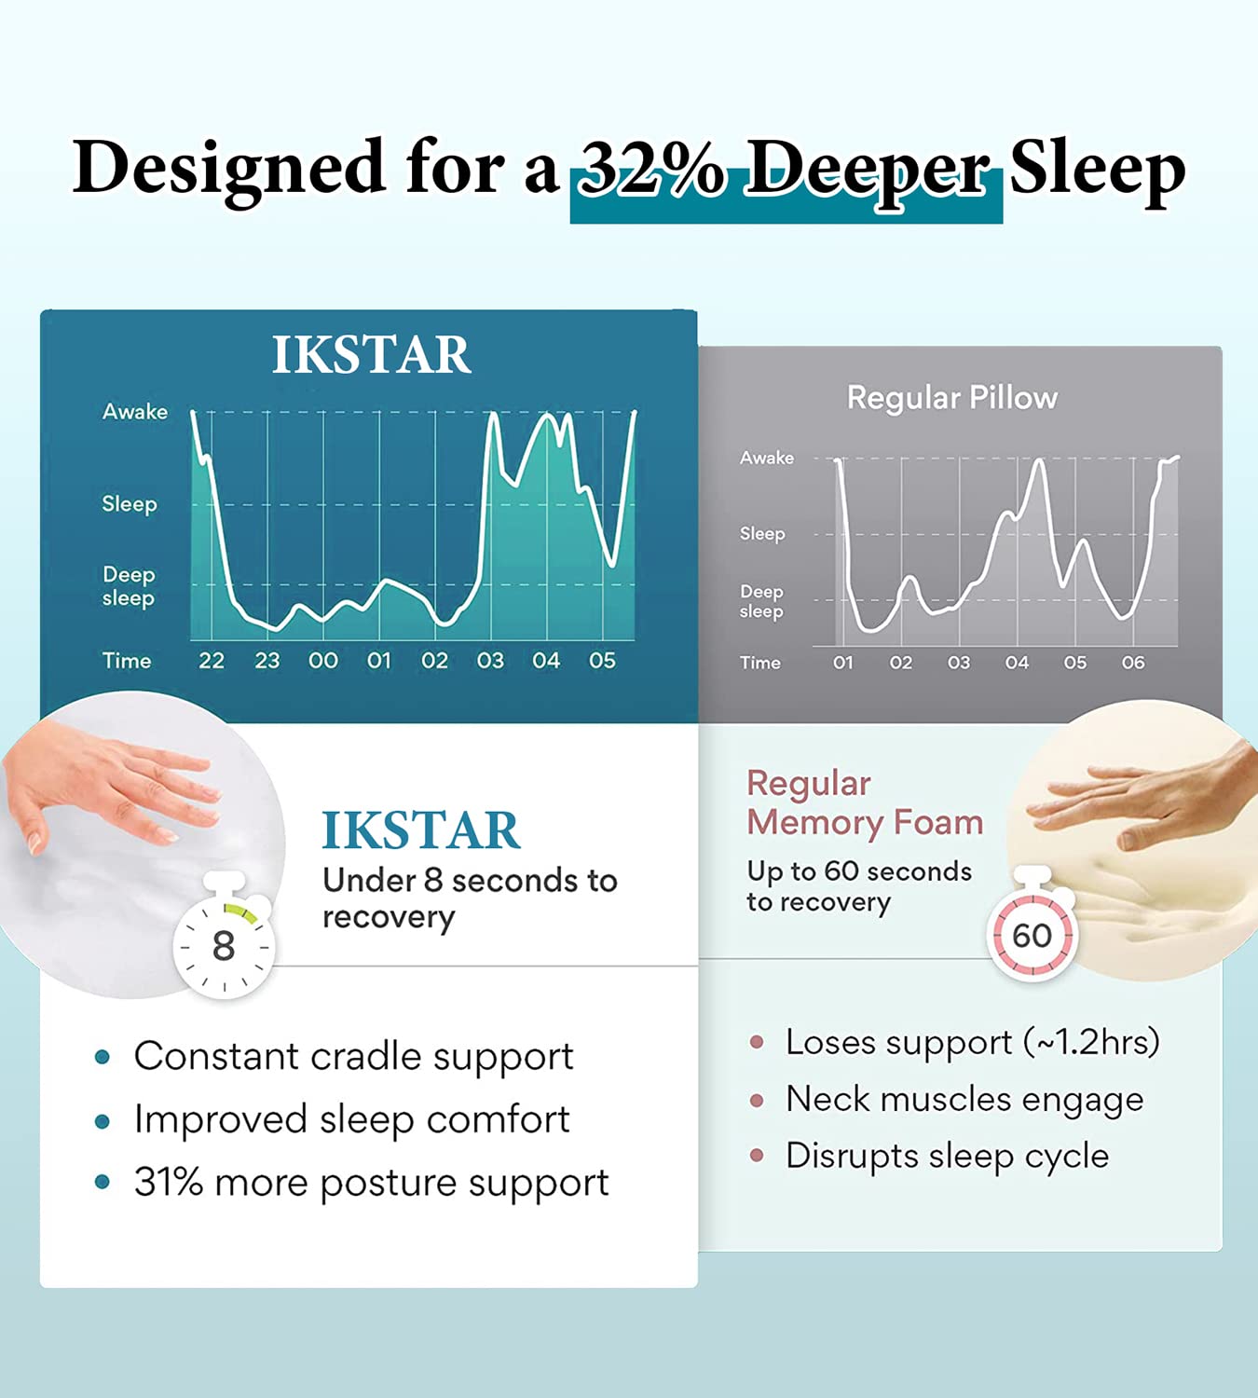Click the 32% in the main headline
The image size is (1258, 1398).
tap(650, 169)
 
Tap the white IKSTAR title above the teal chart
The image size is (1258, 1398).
tap(371, 355)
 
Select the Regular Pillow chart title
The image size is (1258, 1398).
tap(951, 398)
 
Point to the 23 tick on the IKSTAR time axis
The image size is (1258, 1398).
tap(267, 661)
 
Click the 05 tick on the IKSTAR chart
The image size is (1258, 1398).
tap(602, 661)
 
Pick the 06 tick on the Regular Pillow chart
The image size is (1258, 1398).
tap(1132, 663)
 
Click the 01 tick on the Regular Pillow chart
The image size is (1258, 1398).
tap(842, 663)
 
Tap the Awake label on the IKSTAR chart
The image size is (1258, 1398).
tap(135, 412)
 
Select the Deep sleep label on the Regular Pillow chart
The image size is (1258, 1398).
tap(761, 601)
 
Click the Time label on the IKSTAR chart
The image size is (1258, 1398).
tap(127, 661)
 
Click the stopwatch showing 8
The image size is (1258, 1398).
tap(224, 942)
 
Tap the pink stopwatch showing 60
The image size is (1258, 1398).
tap(1032, 933)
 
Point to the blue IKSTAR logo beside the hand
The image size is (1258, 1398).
tap(420, 830)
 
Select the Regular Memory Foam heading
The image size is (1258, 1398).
tap(864, 802)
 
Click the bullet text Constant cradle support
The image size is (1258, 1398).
tap(353, 1057)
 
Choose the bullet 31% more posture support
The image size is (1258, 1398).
tap(371, 1183)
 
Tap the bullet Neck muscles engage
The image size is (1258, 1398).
tap(964, 1100)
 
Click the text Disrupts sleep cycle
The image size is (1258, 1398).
tap(947, 1157)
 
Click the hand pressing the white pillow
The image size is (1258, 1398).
tap(103, 788)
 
